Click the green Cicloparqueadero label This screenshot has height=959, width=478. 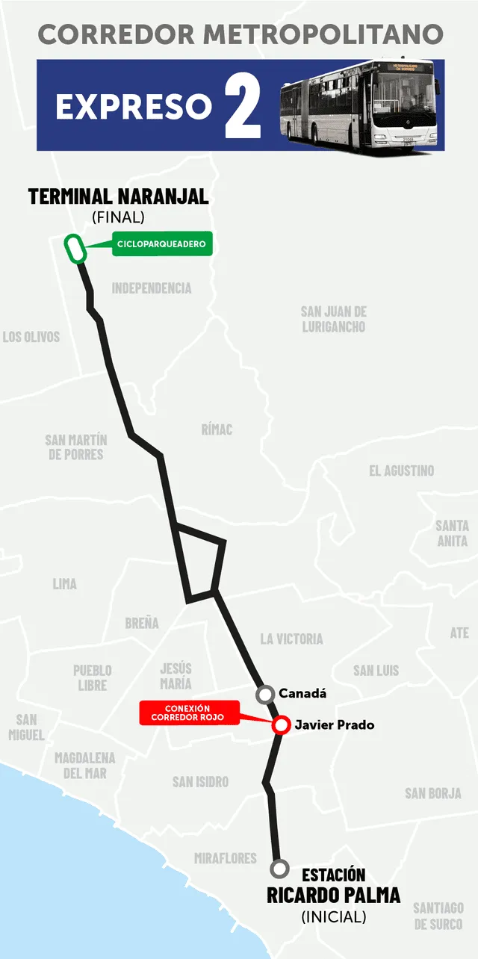162,244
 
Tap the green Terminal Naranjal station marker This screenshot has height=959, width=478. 75,249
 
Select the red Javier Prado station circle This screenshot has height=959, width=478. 281,725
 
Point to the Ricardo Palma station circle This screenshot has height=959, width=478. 280,869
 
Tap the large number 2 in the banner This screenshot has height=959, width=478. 243,105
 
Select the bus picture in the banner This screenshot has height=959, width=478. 362,106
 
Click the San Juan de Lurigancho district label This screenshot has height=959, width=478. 334,319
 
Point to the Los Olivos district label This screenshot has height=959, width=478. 31,337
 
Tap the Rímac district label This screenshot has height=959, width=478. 217,429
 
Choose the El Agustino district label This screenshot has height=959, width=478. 401,471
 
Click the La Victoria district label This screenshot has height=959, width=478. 291,639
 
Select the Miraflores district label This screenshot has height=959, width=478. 225,858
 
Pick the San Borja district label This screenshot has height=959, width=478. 433,793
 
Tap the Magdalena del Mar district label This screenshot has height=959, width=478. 85,766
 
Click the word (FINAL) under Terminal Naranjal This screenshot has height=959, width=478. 118,217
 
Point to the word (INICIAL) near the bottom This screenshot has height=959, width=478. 333,916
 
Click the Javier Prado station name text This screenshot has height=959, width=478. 335,725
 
